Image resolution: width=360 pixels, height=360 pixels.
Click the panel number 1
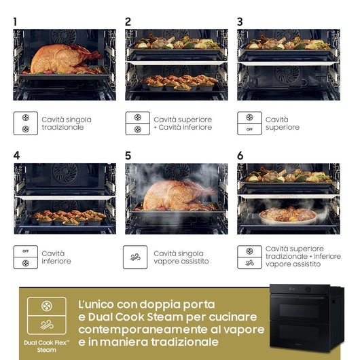[15, 22]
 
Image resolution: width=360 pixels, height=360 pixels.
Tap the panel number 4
[16, 156]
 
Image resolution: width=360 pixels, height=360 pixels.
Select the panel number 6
[240, 156]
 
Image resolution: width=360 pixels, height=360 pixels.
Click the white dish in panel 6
[288, 216]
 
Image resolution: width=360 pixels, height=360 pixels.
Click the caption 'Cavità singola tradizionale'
[66, 124]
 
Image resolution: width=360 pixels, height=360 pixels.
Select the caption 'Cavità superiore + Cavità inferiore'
[182, 124]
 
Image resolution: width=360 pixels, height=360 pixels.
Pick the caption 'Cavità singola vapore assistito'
[181, 257]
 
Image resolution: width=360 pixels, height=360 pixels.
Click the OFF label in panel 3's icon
[249, 129]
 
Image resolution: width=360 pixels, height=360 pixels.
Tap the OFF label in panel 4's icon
[26, 251]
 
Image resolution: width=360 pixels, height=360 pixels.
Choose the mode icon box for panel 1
[26, 123]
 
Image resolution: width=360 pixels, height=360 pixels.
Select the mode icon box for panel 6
[249, 257]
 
